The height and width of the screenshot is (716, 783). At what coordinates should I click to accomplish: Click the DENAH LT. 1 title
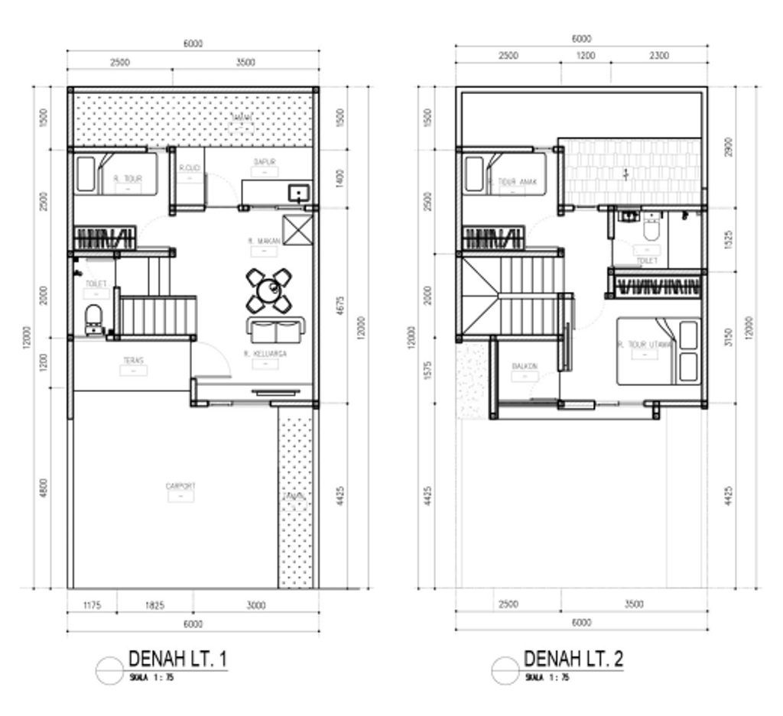click(x=177, y=659)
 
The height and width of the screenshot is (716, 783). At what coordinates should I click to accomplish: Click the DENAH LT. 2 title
click(x=573, y=659)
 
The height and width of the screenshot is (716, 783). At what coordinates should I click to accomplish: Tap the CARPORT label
click(x=180, y=485)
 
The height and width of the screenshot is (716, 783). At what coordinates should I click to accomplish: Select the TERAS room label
click(x=135, y=360)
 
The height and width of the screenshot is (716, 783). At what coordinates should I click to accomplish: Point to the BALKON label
click(x=525, y=367)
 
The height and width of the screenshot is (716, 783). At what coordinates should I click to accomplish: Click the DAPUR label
click(x=265, y=162)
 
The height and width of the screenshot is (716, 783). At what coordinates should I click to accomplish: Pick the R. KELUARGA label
click(x=265, y=354)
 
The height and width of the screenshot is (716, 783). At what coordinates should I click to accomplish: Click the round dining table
click(x=268, y=290)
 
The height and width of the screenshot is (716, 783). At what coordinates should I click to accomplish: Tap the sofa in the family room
click(x=275, y=331)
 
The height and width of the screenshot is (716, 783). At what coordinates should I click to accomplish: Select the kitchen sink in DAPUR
click(x=298, y=193)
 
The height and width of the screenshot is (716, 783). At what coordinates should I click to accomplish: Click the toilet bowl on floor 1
click(x=94, y=316)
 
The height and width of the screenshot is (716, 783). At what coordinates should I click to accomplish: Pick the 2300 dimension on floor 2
click(x=658, y=55)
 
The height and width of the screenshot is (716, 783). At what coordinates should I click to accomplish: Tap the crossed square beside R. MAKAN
click(x=296, y=229)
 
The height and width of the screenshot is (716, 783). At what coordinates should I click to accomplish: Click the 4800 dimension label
click(x=44, y=488)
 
